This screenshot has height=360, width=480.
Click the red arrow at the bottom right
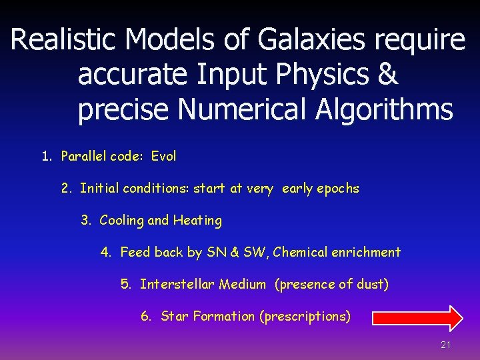[x=417, y=318]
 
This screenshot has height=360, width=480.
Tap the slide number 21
[x=446, y=345]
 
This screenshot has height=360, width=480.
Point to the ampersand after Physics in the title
[x=387, y=75]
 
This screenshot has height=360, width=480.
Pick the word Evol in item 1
[x=163, y=157]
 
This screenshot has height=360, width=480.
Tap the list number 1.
[x=46, y=157]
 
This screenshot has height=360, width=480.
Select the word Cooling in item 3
[x=121, y=220]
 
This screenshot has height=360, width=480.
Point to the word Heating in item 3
[x=197, y=220]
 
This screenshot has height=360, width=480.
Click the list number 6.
[x=146, y=317]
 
